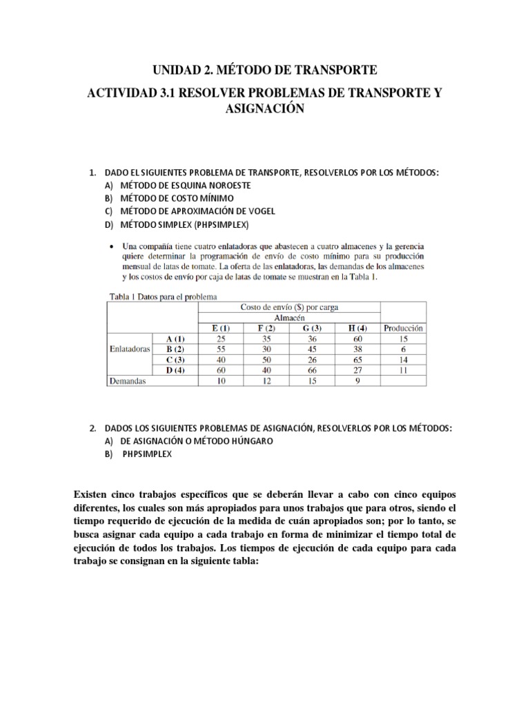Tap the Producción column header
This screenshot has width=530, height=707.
(403, 329)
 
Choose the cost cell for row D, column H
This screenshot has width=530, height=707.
(357, 370)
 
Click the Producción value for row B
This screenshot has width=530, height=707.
(403, 349)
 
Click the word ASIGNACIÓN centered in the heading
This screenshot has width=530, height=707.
(265, 110)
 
